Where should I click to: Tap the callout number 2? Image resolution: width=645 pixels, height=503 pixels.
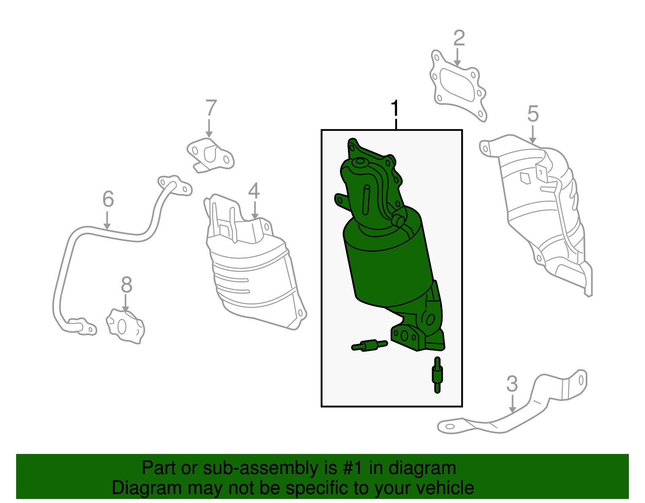[x=459, y=38]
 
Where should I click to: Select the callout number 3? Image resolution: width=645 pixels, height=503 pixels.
[x=512, y=384]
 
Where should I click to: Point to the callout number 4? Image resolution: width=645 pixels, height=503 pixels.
[x=254, y=191]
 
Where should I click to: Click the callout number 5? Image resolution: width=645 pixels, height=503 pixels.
[x=533, y=114]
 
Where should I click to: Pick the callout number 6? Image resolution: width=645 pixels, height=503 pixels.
[x=108, y=199]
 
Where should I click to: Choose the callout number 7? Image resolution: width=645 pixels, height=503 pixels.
[x=211, y=108]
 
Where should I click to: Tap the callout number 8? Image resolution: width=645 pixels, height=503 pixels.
[x=127, y=285]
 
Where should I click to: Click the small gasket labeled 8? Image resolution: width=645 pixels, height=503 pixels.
[x=125, y=326]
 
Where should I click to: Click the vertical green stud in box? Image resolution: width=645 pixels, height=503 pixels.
[x=437, y=375]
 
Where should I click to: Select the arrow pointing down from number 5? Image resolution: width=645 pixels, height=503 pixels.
[x=533, y=135]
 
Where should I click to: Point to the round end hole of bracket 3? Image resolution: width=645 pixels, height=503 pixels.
[x=450, y=426]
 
